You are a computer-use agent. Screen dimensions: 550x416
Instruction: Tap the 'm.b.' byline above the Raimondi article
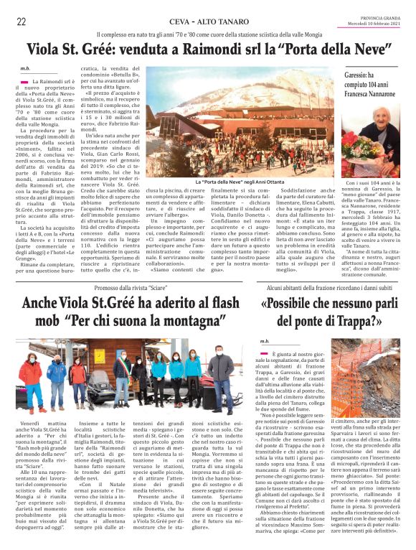(25, 70)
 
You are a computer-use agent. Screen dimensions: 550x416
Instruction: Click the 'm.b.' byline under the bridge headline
(264, 341)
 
